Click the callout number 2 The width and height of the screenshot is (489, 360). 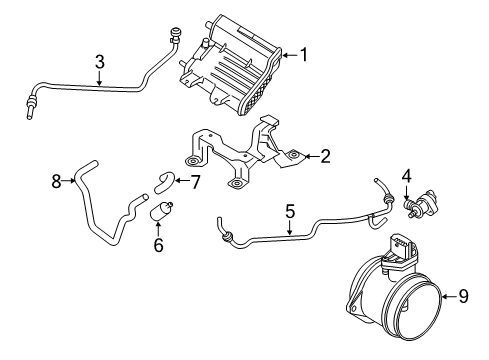pos(325,156)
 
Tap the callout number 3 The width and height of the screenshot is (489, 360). pos(100,62)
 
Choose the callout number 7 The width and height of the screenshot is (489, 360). pos(196,181)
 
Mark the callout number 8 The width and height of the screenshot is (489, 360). pos(56,181)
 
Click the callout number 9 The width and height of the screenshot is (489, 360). pos(463,295)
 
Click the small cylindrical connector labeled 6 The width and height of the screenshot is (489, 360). pos(160,212)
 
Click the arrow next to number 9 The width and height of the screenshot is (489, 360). pos(448,295)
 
